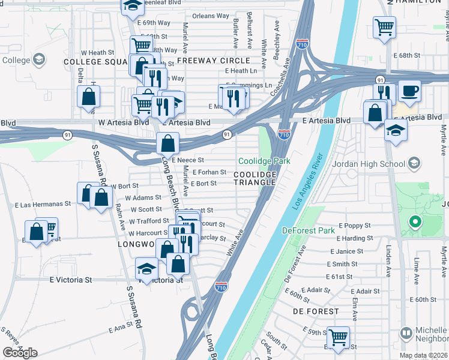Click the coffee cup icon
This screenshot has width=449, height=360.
[409, 92]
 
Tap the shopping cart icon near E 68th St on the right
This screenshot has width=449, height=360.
[384, 27]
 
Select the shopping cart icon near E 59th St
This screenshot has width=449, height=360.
[338, 337]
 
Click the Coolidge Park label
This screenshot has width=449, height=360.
[264, 161]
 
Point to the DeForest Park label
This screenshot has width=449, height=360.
[309, 230]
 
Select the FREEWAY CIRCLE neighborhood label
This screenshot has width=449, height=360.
[214, 61]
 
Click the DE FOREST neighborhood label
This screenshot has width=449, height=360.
[316, 311]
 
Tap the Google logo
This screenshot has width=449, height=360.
[20, 352]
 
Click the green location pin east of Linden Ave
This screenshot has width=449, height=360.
[415, 223]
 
